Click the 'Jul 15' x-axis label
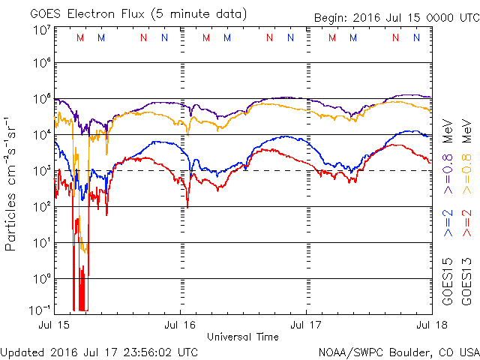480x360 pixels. tap(55, 325)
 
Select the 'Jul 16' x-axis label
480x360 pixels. tap(181, 325)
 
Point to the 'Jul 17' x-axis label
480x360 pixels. tap(307, 325)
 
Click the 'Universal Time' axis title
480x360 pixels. tap(243, 337)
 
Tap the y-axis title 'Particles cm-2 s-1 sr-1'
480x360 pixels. tap(13, 183)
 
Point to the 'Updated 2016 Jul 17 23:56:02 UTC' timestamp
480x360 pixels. tap(100, 351)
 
